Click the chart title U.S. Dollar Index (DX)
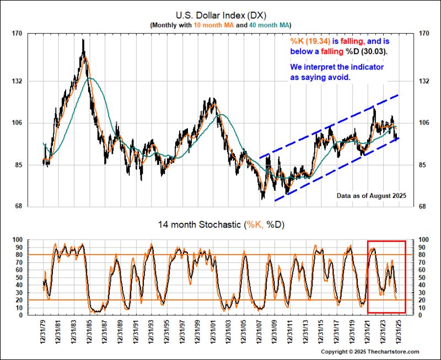tap(220, 14)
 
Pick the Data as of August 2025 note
tap(370, 196)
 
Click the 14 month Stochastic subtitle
tap(220, 225)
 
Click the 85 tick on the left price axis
tap(17, 165)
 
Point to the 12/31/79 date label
tap(44, 333)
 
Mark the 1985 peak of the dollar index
tap(83, 40)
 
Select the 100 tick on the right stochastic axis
tap(422, 240)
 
